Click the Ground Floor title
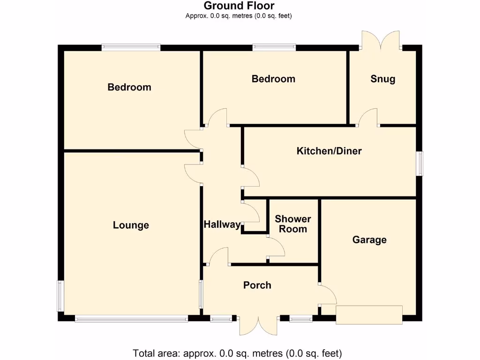[239, 6]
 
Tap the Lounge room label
[131, 225]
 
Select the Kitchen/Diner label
[329, 151]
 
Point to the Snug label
[382, 79]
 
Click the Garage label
[369, 240]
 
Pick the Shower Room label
[293, 224]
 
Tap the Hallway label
[222, 225]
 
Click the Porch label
[257, 285]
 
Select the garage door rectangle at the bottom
[369, 315]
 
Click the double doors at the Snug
[380, 41]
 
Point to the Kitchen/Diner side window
[420, 163]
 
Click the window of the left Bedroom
[131, 47]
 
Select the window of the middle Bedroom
[274, 47]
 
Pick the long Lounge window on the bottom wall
[131, 319]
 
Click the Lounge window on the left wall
[60, 295]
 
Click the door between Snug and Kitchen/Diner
[368, 118]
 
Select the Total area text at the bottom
[238, 353]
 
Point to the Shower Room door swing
[276, 247]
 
